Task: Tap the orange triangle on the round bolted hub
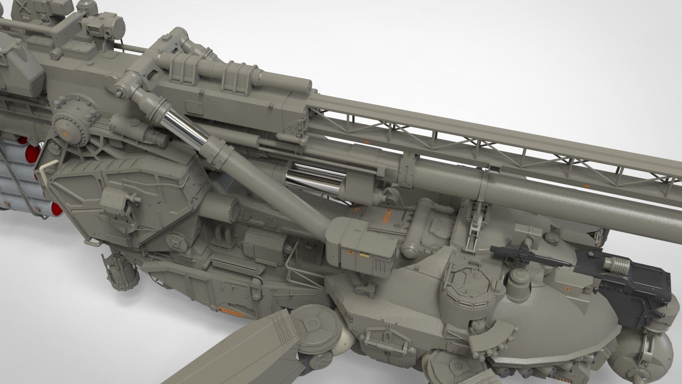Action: [65, 134]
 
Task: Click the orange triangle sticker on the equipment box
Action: [350, 252]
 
